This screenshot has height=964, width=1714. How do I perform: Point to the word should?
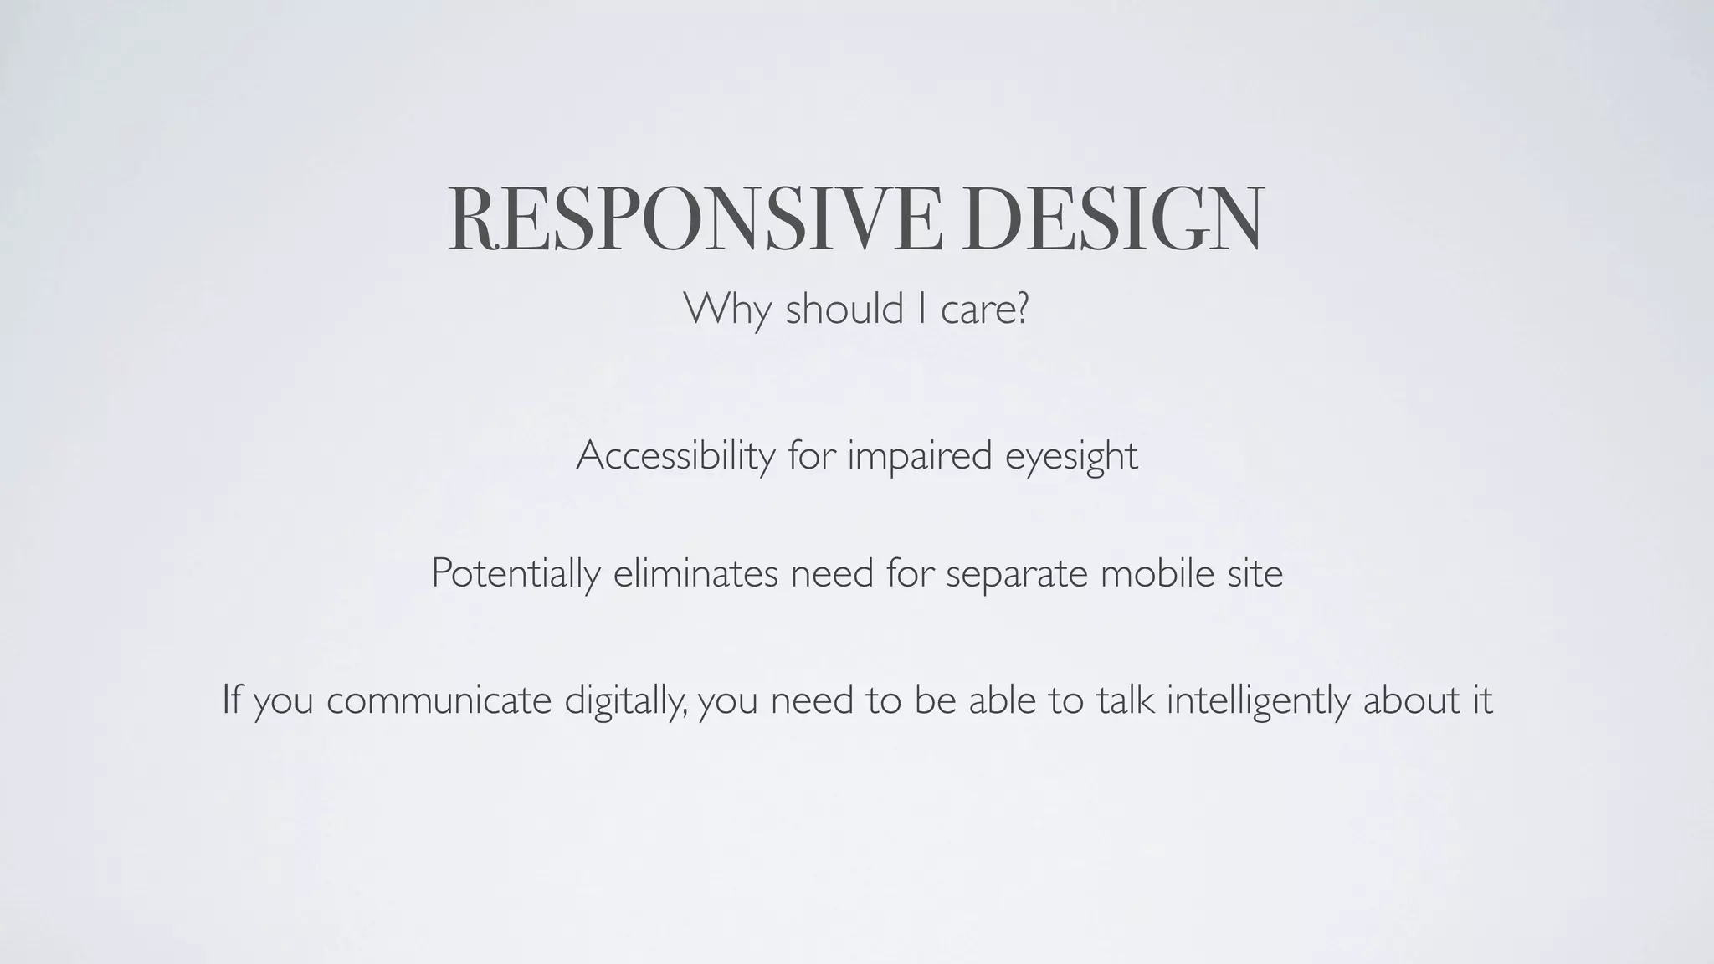pyautogui.click(x=844, y=309)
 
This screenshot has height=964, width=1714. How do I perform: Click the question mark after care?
pyautogui.click(x=1020, y=309)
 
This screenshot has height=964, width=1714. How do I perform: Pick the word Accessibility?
pyautogui.click(x=675, y=456)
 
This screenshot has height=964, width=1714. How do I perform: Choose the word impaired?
pyautogui.click(x=919, y=456)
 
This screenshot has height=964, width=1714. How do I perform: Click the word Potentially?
pyautogui.click(x=516, y=574)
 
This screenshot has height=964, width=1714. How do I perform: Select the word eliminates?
pyautogui.click(x=695, y=573)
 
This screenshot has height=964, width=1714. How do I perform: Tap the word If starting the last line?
pyautogui.click(x=230, y=700)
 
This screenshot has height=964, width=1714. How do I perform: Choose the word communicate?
pyautogui.click(x=439, y=700)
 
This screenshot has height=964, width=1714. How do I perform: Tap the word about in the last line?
pyautogui.click(x=1405, y=700)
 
